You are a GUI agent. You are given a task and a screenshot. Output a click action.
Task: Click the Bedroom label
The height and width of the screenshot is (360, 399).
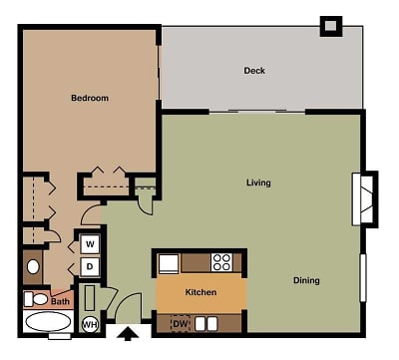click(x=90, y=98)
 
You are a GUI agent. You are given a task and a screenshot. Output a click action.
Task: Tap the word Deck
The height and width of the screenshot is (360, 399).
click(x=254, y=71)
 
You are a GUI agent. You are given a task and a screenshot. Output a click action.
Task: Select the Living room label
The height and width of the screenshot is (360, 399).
click(x=258, y=182)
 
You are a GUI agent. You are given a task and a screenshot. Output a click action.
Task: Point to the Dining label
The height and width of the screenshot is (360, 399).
click(x=306, y=280)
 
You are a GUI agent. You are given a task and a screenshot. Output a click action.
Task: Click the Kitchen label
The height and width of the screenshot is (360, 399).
click(x=200, y=292)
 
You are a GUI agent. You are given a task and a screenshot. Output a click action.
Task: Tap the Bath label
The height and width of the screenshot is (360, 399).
click(x=60, y=302)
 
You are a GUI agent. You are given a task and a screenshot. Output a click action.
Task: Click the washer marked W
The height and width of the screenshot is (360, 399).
click(x=90, y=244)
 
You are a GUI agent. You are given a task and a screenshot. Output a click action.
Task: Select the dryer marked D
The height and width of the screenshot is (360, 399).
click(x=90, y=266)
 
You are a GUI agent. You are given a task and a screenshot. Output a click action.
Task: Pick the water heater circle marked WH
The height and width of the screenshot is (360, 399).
click(x=90, y=324)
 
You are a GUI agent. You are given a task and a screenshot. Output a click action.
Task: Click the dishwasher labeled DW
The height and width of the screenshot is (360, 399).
click(x=181, y=323)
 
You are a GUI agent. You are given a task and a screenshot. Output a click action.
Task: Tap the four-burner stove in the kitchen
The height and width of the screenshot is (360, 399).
click(x=221, y=262)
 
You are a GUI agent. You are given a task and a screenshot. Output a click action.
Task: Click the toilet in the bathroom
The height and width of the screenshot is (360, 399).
click(x=36, y=299)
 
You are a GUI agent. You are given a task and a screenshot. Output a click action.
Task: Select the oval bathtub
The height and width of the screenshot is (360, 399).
click(x=48, y=322)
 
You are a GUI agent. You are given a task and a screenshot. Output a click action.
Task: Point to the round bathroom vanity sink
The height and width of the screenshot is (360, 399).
click(x=33, y=267)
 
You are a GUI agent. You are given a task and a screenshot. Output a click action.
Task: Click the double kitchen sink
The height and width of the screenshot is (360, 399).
click(x=206, y=324)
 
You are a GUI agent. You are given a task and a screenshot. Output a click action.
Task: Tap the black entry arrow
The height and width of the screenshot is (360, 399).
click(x=128, y=334)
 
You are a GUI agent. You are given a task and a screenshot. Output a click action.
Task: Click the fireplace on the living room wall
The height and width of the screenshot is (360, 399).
click(x=365, y=199)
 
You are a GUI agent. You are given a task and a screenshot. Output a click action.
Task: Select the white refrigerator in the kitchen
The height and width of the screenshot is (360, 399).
click(x=169, y=264)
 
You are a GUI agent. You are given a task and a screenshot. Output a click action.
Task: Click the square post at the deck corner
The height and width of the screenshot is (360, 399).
click(x=331, y=26)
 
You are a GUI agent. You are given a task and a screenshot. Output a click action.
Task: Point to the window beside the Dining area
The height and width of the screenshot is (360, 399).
click(x=363, y=278)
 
